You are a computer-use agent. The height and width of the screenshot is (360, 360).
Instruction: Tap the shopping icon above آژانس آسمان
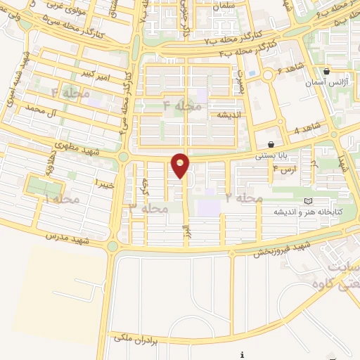pyautogui.click(x=326, y=72)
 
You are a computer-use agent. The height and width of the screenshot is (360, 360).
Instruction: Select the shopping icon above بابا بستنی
pyautogui.click(x=271, y=144)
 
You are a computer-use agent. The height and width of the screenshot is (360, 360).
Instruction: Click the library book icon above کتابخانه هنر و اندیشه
pyautogui.click(x=308, y=201)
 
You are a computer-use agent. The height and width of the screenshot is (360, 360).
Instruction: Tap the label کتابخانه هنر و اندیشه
pyautogui.click(x=308, y=212)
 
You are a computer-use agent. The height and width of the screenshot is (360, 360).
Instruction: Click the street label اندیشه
pyautogui.click(x=229, y=115)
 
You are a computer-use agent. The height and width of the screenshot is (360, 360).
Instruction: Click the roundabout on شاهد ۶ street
pyautogui.click(x=267, y=75)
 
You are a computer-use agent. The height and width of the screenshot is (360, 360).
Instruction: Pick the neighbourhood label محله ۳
pyautogui.click(x=148, y=208)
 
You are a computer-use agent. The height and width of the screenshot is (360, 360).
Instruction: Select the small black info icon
pyautogui.click(x=242, y=354)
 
